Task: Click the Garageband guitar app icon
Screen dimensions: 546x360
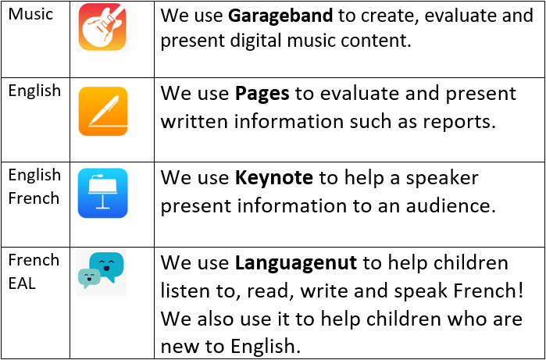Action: click(x=102, y=27)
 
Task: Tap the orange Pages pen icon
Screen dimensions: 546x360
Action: click(x=103, y=111)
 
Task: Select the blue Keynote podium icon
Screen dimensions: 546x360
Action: click(x=103, y=193)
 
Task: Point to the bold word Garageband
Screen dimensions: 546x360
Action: click(x=280, y=16)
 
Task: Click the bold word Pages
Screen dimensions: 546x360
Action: click(x=262, y=94)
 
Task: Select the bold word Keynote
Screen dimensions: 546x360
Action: click(x=273, y=178)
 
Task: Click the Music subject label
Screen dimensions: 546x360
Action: click(x=30, y=14)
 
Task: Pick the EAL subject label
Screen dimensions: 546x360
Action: click(x=22, y=283)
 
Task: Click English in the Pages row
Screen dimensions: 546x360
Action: click(x=34, y=91)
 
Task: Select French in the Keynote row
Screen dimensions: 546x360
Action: click(x=34, y=198)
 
